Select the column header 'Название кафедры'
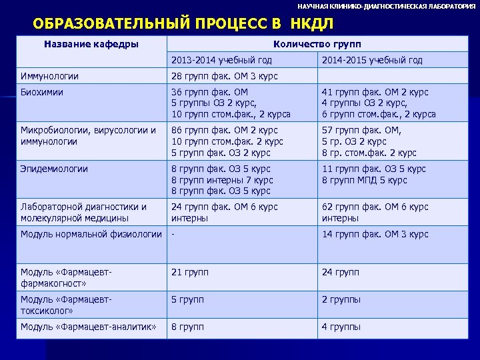click(x=91, y=45)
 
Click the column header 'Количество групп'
click(x=317, y=45)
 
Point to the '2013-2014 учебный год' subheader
click(x=222, y=61)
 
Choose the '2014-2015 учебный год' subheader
click(x=372, y=61)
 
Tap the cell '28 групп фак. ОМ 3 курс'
click(x=225, y=76)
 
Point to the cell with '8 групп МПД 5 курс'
click(x=365, y=180)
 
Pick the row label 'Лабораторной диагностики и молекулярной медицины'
click(x=84, y=212)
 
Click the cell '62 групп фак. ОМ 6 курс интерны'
click(x=375, y=212)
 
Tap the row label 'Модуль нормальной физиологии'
click(x=91, y=234)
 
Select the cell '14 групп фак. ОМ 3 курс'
click(x=375, y=234)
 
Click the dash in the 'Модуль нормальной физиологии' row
click(x=173, y=234)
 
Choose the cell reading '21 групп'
click(x=190, y=272)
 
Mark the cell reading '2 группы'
click(x=341, y=299)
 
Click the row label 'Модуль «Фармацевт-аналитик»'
click(x=89, y=327)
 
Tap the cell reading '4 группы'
click(x=341, y=327)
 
